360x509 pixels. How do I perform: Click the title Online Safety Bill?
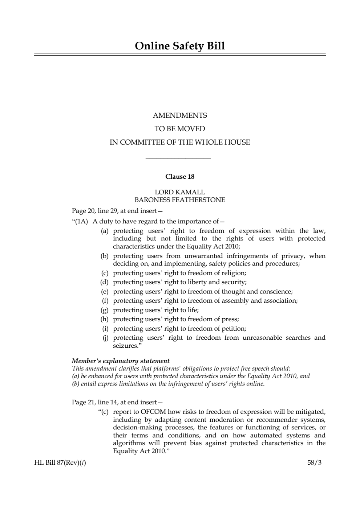point(180,46)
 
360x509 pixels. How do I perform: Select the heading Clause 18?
point(180,177)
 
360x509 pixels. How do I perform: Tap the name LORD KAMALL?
point(180,192)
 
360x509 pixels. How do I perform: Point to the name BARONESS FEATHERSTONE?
point(180,200)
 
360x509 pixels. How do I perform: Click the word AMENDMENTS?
point(180,116)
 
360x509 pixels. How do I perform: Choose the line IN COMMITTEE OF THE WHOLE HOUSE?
point(180,142)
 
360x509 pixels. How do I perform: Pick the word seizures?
point(126,346)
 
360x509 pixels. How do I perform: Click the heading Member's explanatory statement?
point(121,361)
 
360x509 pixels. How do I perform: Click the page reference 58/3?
point(315,463)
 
